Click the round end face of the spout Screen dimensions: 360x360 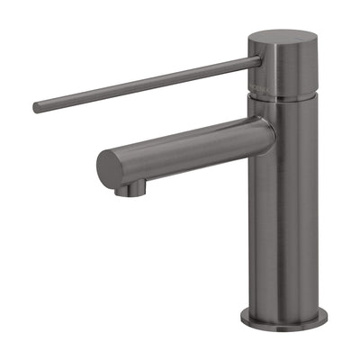click(x=111, y=167)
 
